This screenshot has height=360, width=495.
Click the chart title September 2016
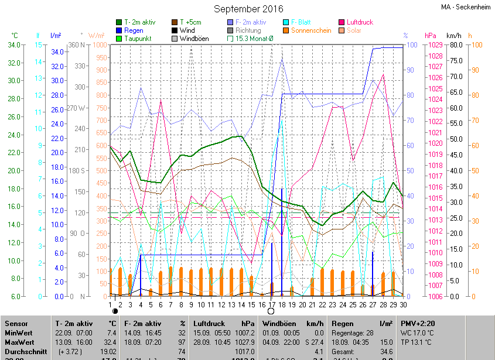click(x=248, y=9)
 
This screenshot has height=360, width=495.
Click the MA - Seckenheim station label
click(x=466, y=7)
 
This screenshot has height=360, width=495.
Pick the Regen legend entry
click(x=133, y=30)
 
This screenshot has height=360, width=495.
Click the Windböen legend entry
click(x=193, y=39)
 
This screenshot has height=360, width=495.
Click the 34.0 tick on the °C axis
click(x=14, y=45)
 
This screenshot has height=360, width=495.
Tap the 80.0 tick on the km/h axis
click(x=455, y=45)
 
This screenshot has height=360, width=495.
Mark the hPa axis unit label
click(x=431, y=36)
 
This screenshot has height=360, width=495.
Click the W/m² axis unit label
click(x=96, y=36)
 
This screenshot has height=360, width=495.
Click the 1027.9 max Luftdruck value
click(x=242, y=342)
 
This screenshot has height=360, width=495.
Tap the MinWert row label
click(x=19, y=332)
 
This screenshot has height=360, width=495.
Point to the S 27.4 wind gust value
click(x=312, y=342)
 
